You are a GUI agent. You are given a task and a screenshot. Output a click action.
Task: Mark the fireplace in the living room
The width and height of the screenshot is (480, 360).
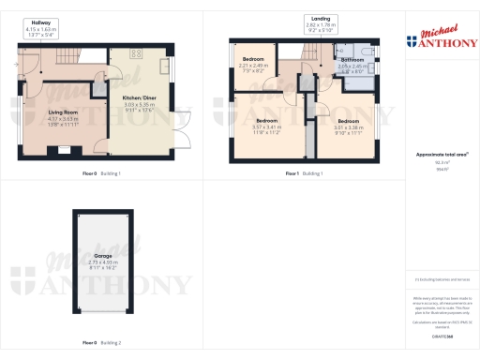(64, 147)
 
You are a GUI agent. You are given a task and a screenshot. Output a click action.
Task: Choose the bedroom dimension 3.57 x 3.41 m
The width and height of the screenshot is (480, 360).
(267, 127)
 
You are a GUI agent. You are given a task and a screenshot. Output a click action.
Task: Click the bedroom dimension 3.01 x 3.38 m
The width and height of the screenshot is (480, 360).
(349, 127)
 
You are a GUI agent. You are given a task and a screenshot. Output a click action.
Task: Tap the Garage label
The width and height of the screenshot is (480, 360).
(104, 255)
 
